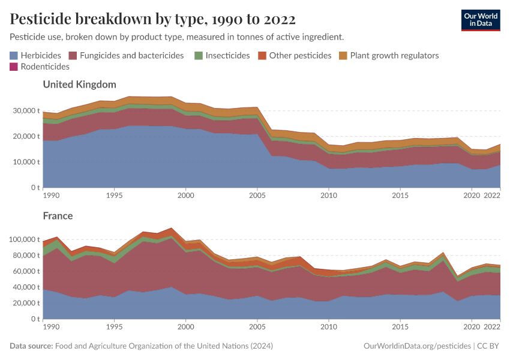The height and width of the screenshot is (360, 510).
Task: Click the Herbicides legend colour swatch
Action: (x=14, y=55)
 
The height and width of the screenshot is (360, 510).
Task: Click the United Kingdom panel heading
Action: (x=79, y=85)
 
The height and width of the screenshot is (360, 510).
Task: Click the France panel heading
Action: (x=58, y=215)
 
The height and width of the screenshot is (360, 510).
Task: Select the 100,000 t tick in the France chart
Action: (x=23, y=239)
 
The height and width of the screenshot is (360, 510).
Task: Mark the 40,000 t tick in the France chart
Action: (x=25, y=287)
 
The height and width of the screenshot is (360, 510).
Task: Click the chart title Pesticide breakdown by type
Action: (x=153, y=19)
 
